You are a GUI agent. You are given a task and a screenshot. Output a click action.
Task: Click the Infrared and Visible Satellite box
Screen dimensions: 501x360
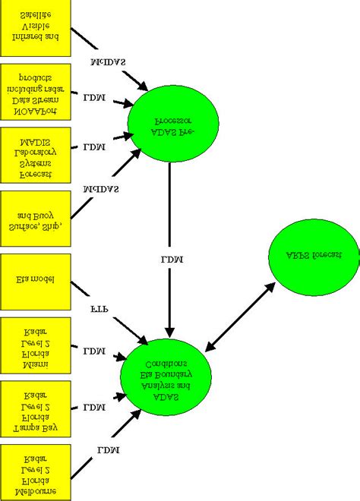36,27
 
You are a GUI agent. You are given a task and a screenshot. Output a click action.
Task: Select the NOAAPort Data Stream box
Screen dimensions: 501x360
36,90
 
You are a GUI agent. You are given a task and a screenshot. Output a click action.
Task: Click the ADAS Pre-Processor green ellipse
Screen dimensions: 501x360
173,121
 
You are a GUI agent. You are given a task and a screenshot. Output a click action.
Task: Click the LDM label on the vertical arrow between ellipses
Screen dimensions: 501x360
169,260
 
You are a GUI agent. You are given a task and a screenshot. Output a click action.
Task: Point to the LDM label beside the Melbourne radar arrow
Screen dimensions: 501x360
107,452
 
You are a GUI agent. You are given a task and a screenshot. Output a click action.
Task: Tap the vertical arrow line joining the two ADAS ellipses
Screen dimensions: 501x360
169,220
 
